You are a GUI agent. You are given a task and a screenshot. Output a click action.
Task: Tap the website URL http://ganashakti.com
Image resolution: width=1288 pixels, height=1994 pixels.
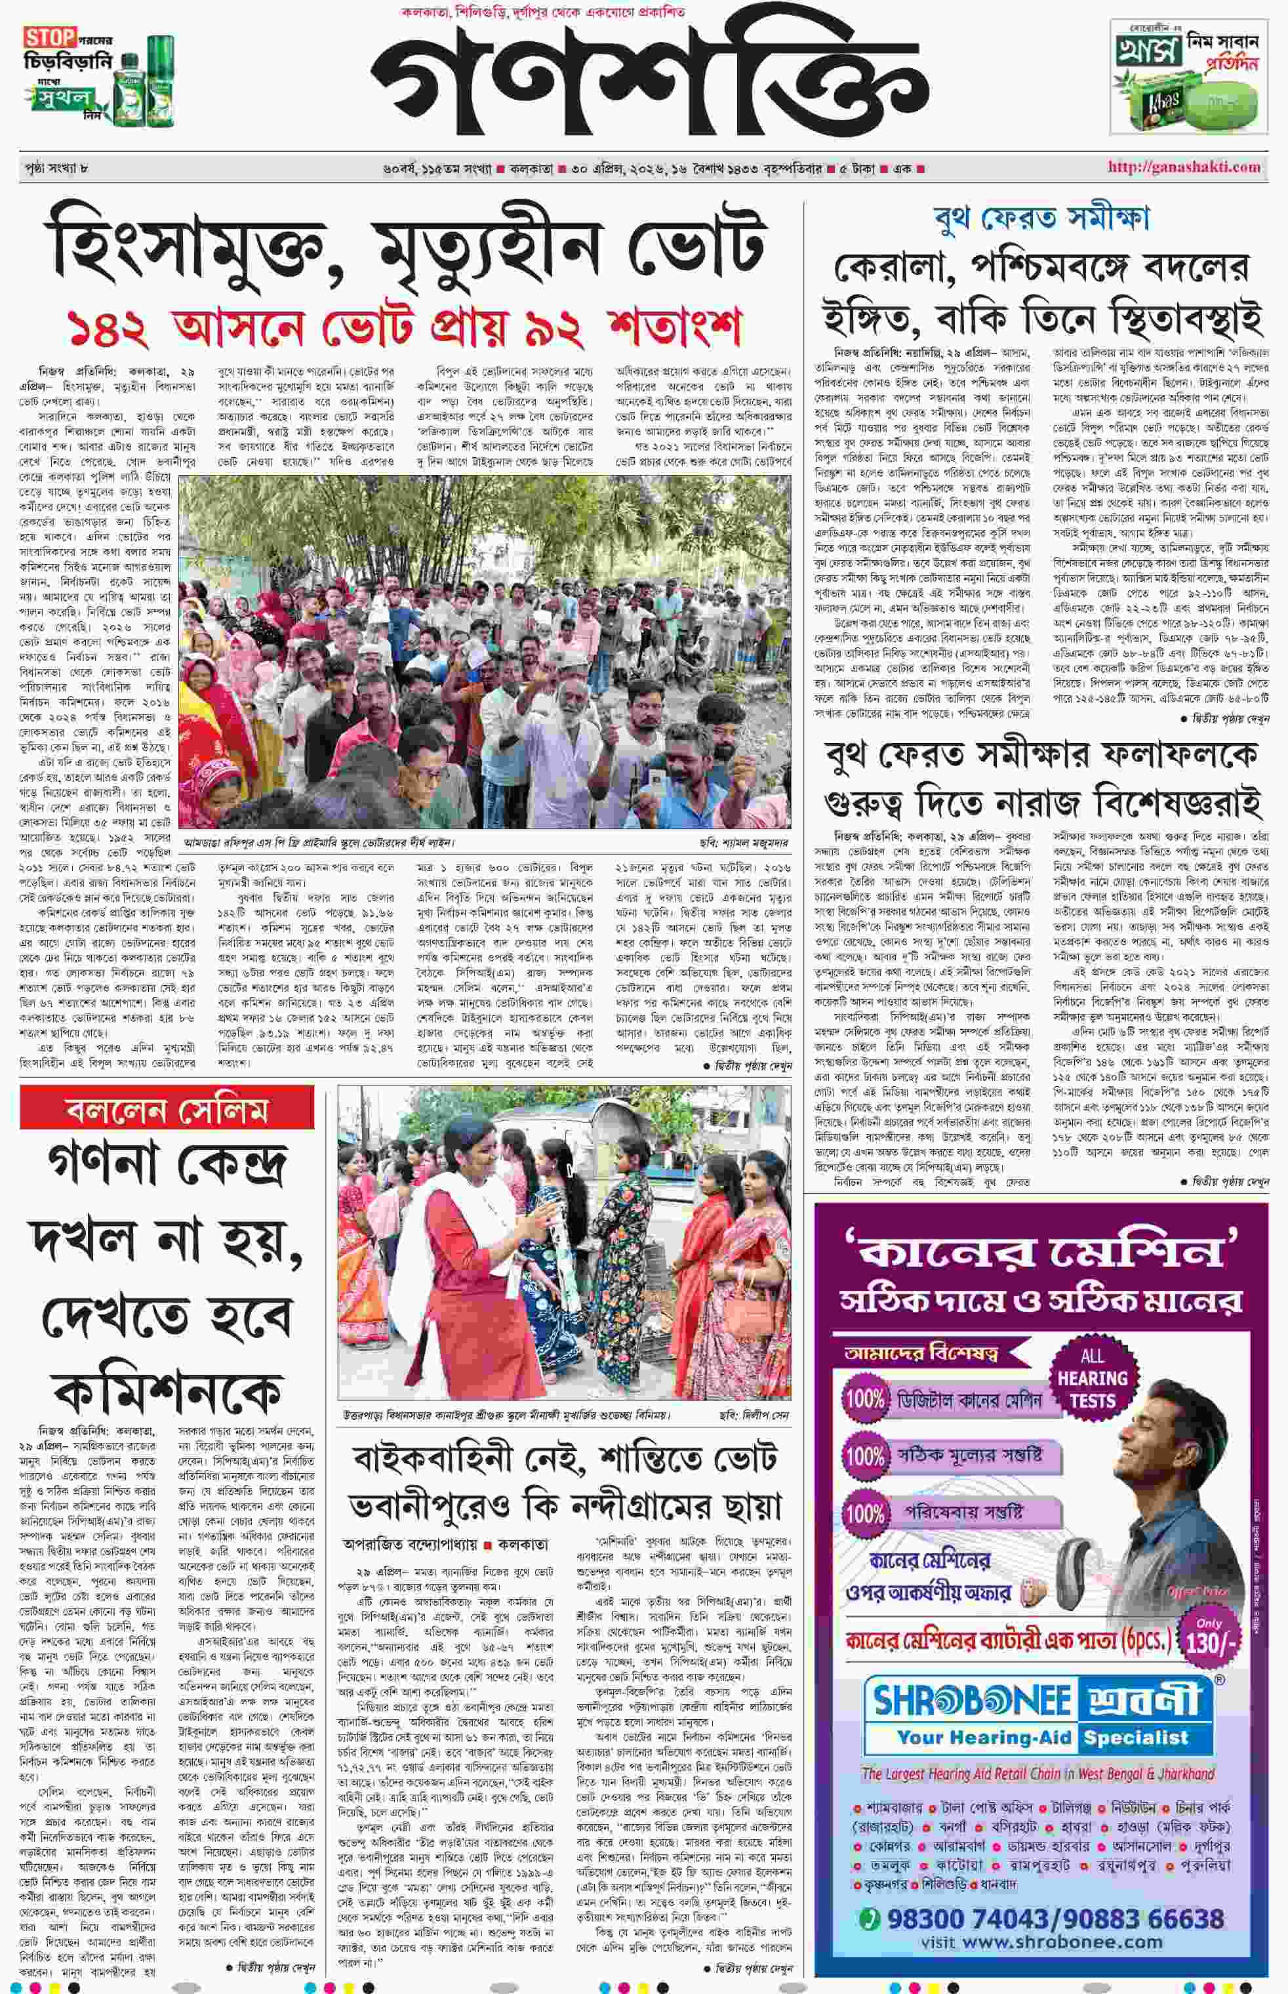point(1184,167)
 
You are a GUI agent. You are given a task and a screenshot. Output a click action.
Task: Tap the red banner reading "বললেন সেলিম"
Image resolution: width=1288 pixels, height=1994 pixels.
point(167,1110)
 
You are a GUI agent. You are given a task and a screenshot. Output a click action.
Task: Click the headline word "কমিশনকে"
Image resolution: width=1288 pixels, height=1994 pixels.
point(167,1391)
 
